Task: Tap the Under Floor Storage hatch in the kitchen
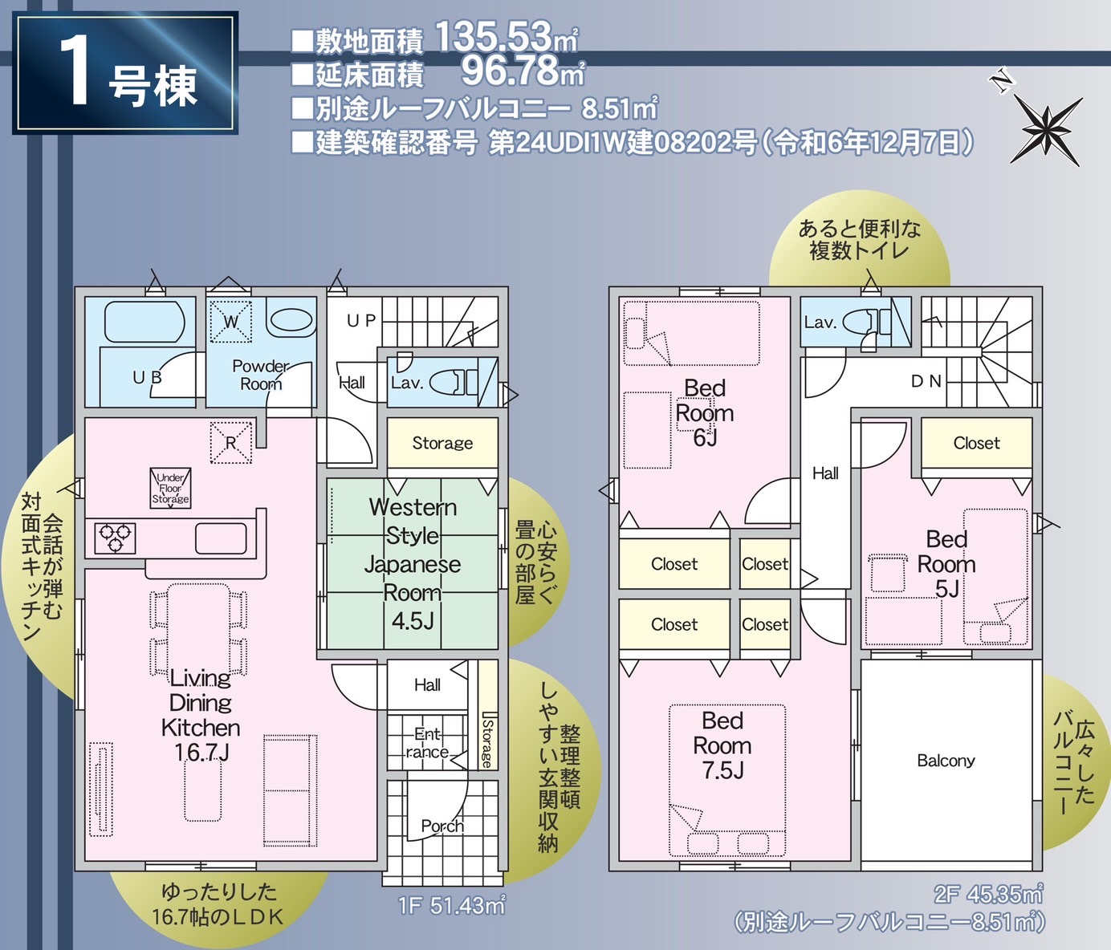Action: point(170,488)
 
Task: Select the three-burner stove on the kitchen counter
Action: point(115,538)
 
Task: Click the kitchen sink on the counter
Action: point(221,538)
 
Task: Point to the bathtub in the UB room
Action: point(144,322)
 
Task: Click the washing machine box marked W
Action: point(230,321)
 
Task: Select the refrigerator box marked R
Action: point(230,443)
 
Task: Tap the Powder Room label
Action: point(261,375)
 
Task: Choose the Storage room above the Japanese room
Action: point(442,443)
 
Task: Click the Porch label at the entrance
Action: point(442,826)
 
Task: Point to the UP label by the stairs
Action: point(361,321)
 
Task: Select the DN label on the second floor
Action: point(926,381)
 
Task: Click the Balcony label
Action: point(946,761)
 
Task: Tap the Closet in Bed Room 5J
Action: point(977,443)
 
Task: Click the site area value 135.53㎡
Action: point(507,37)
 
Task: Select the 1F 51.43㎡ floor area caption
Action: point(451,905)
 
